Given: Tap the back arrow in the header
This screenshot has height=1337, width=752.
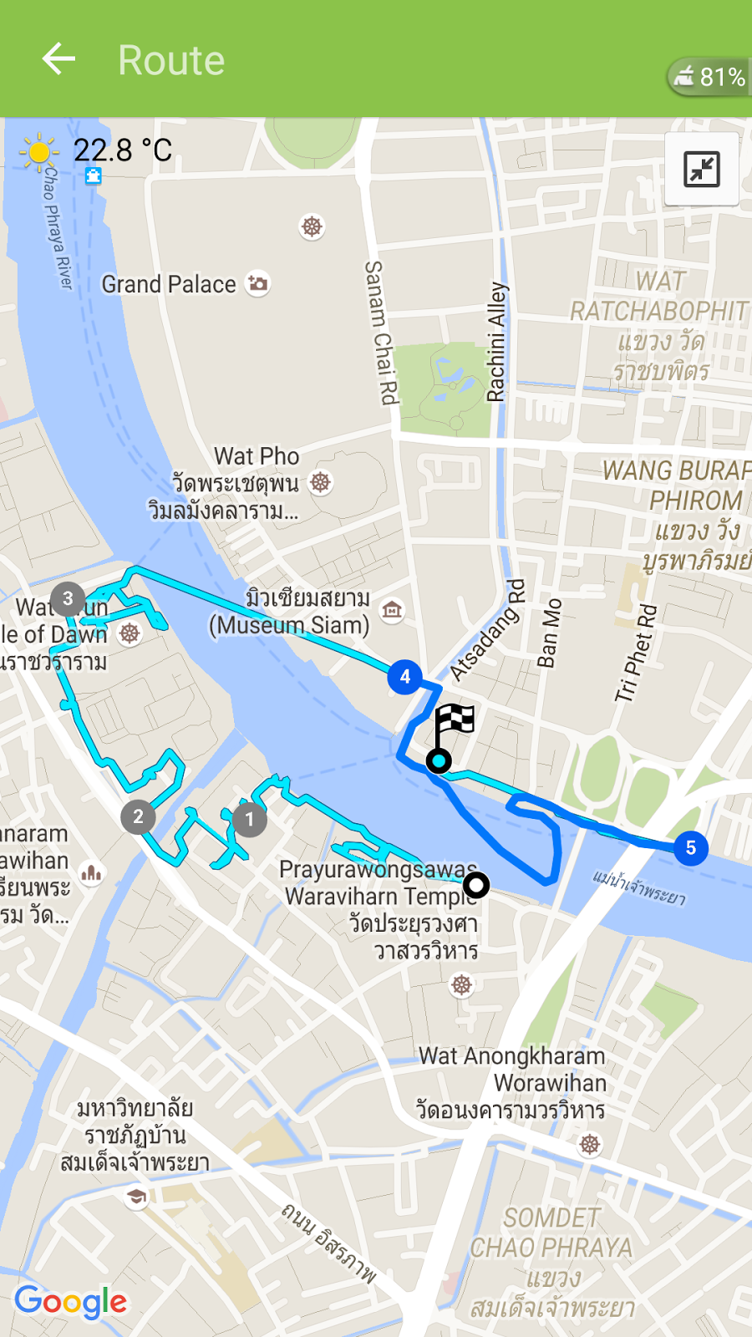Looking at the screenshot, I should click(58, 59).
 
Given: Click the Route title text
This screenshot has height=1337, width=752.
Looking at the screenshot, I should click(171, 60).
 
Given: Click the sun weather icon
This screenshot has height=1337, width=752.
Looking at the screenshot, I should click(38, 152).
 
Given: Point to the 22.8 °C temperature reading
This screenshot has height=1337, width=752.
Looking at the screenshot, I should click(123, 150).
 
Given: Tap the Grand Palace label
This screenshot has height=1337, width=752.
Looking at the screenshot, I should click(169, 284).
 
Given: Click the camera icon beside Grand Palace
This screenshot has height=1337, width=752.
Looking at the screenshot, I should click(258, 283).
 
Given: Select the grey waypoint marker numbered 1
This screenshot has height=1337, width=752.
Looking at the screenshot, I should click(249, 820).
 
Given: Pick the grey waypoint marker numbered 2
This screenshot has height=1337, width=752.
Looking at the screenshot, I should click(138, 816).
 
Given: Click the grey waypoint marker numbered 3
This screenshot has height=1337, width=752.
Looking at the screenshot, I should click(68, 598).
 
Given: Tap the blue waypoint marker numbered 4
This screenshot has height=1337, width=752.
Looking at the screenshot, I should click(405, 677).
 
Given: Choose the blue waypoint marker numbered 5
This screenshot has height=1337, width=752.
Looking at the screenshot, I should click(690, 848).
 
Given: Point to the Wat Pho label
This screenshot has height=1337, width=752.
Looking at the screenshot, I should click(257, 456).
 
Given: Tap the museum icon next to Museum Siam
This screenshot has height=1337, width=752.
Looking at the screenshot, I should click(392, 611).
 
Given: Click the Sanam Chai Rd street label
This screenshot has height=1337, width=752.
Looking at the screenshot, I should click(380, 333).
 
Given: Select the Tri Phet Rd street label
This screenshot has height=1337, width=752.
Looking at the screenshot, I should click(637, 653).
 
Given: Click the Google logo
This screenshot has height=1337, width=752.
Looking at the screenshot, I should click(71, 1301).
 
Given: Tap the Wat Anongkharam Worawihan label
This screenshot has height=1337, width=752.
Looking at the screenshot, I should click(512, 1070).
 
